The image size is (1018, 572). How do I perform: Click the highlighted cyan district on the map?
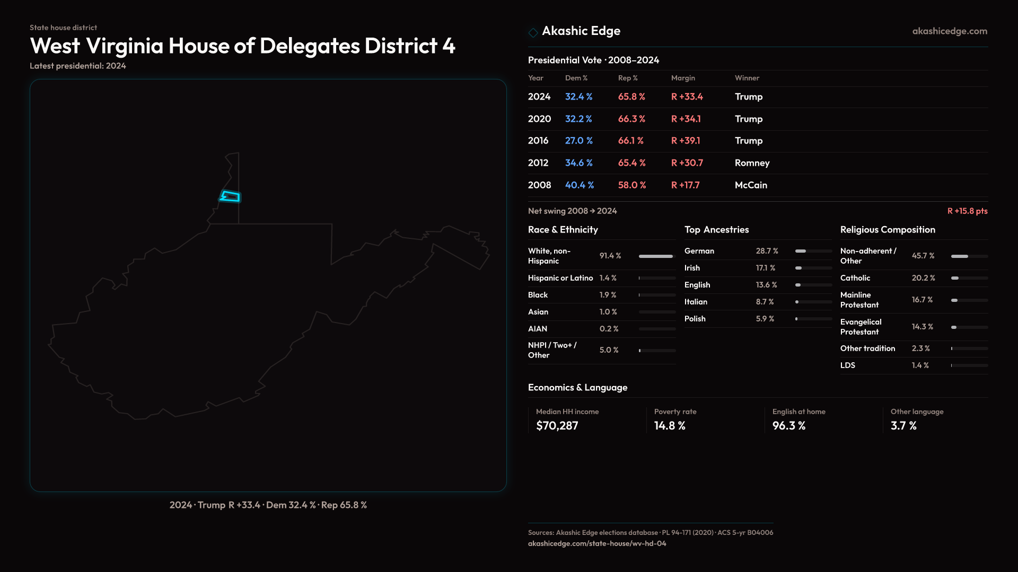pos(231,197)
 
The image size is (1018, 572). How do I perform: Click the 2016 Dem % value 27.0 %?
pos(578,141)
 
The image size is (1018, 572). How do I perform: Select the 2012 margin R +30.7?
pos(687,163)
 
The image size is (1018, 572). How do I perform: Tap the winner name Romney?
pos(752,163)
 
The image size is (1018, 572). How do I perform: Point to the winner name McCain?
pos(751,185)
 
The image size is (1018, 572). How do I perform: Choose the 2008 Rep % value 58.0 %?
pos(631,185)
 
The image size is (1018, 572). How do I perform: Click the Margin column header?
pos(683,78)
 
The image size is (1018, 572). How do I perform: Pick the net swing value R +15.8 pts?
pos(967,211)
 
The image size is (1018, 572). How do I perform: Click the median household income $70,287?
pos(557,426)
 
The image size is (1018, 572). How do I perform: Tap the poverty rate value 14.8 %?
pos(670,426)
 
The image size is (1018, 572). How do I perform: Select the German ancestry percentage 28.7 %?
pos(767,251)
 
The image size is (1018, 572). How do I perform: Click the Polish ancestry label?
pos(695,319)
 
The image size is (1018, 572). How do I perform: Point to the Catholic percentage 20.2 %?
pos(923,278)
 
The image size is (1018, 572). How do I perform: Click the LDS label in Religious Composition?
pos(847,365)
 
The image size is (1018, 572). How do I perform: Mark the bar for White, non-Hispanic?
pos(656,256)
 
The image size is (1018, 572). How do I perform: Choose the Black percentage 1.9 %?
pos(608,295)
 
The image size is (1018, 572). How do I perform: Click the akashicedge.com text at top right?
pos(950,31)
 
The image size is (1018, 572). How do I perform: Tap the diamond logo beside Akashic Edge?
pos(533,32)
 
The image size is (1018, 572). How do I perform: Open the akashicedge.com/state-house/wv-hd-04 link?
pos(597,543)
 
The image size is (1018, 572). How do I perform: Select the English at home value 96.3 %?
pos(788,426)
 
